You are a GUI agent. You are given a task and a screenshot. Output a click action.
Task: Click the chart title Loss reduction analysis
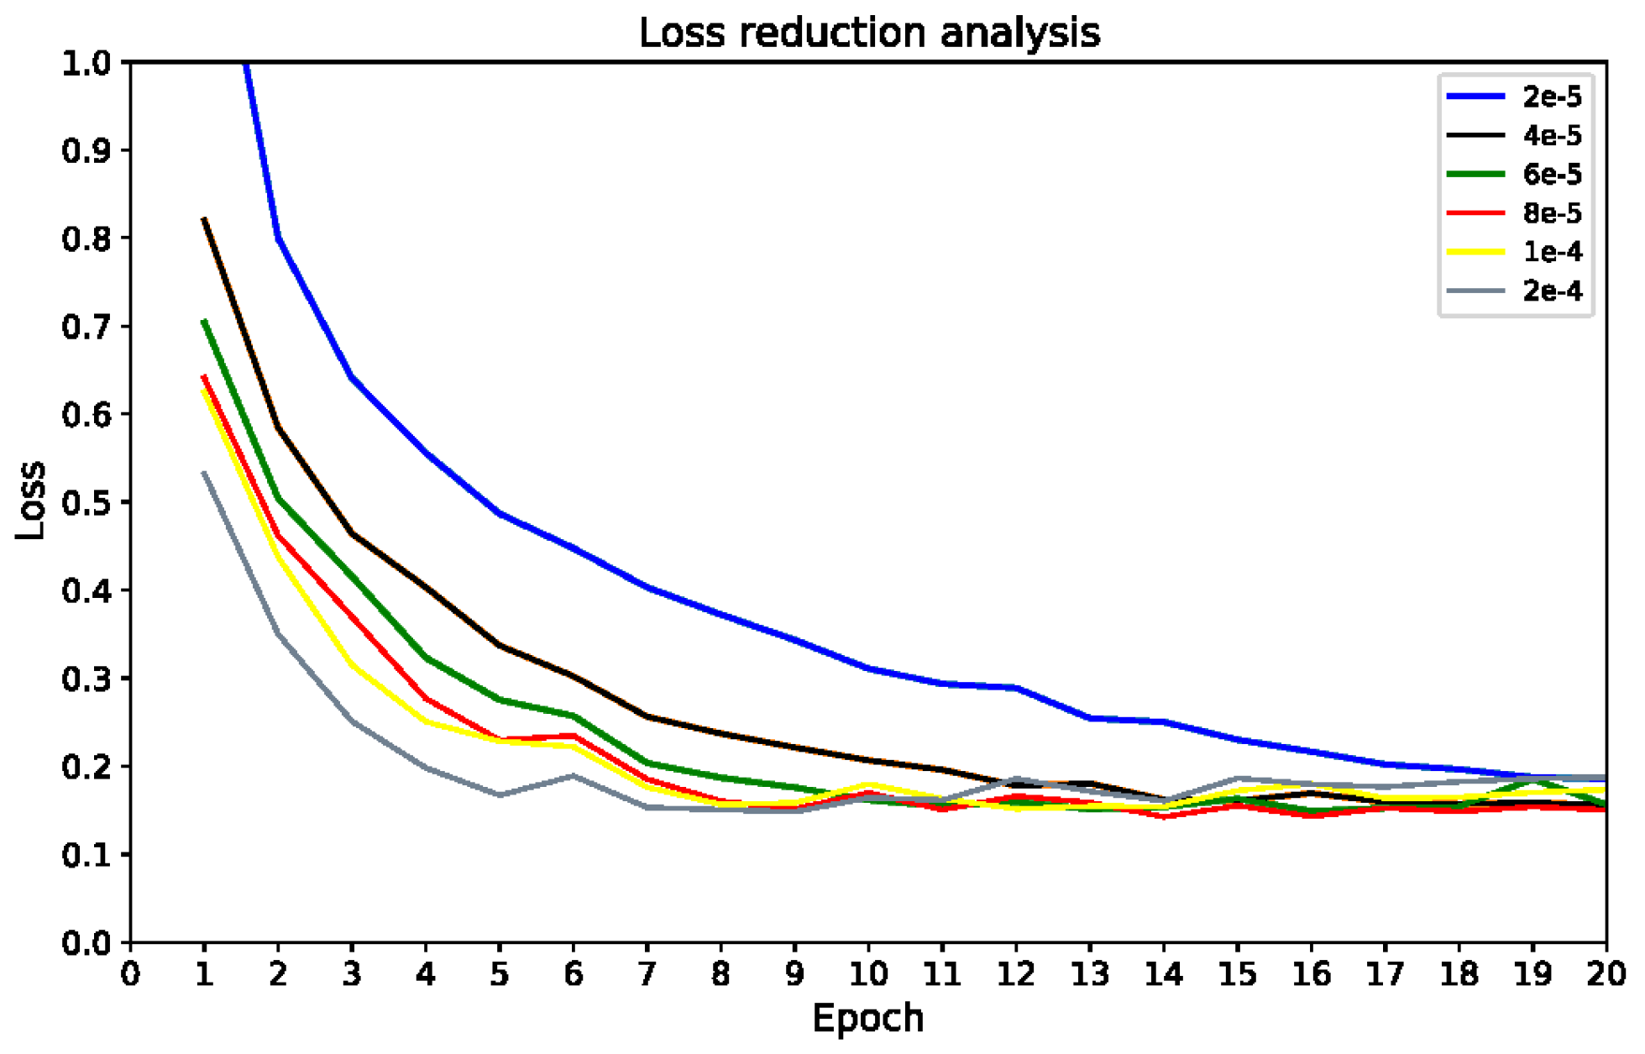coord(869,34)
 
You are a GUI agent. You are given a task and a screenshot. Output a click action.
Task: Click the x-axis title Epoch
coord(867,1019)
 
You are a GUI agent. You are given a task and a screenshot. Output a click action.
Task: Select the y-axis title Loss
coord(31,501)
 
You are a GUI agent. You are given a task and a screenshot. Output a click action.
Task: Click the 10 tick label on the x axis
coord(868,974)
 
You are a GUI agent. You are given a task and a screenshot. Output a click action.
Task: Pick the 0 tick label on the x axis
coord(130,974)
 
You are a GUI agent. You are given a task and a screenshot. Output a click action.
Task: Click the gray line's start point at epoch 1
coord(204,473)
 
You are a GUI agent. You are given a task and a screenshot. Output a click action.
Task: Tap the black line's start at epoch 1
coord(204,219)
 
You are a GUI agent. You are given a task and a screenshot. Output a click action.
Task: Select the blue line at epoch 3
coord(352,378)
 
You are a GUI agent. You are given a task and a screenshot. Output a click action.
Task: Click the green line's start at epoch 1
coord(204,321)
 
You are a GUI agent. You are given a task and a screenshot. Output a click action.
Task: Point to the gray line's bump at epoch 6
coord(574,775)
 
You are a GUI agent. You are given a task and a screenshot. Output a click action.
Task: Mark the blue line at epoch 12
coord(1016,688)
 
